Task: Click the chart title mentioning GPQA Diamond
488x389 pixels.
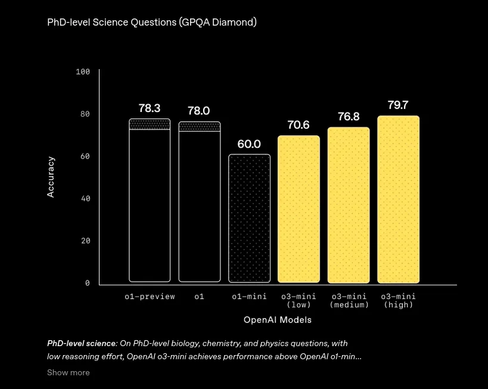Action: (152, 23)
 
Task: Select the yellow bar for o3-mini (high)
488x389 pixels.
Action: (399, 200)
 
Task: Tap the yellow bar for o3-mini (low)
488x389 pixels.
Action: (299, 209)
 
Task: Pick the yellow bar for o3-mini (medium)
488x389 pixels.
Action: (349, 205)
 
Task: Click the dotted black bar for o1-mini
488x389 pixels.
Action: (249, 219)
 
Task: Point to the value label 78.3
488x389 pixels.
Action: (150, 108)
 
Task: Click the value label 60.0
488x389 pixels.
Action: (249, 144)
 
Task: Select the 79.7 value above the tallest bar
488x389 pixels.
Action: (398, 105)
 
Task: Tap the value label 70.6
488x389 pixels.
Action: (299, 125)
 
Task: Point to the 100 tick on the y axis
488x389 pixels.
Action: (83, 72)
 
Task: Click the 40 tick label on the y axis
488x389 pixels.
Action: (86, 198)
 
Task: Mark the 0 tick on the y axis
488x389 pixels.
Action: (88, 283)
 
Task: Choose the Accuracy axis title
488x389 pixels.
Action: (51, 177)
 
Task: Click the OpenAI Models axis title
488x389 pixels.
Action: (278, 320)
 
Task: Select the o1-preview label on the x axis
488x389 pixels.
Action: (150, 297)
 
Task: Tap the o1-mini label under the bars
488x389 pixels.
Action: (249, 297)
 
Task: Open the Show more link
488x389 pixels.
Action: (68, 372)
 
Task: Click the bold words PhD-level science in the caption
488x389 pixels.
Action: (81, 344)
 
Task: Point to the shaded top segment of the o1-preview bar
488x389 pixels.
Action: (150, 124)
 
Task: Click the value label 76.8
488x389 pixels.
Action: (349, 117)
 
